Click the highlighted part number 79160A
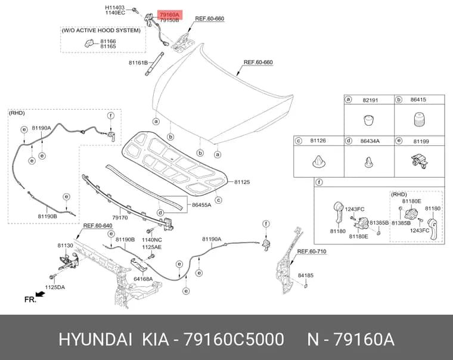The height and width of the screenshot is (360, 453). (x=170, y=14)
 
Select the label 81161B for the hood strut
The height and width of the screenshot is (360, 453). (x=138, y=63)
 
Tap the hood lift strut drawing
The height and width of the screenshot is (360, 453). (x=154, y=64)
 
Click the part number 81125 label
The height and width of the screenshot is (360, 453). (x=242, y=182)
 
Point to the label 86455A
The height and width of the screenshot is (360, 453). (x=201, y=205)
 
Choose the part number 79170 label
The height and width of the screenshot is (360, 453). (x=120, y=218)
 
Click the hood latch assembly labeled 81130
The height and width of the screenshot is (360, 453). (x=69, y=262)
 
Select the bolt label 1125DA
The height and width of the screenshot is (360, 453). (x=55, y=287)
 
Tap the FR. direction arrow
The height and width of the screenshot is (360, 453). (x=41, y=294)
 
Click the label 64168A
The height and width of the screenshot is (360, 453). (x=143, y=279)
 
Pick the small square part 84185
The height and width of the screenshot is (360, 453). (x=306, y=285)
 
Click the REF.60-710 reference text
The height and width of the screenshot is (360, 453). (x=312, y=252)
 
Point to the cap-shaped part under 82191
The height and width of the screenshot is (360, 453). (x=368, y=120)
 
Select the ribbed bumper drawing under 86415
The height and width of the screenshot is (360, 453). (x=419, y=119)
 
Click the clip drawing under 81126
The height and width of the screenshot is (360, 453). (x=319, y=162)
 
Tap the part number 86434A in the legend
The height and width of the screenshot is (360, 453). (x=370, y=141)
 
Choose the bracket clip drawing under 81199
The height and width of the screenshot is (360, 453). (x=419, y=161)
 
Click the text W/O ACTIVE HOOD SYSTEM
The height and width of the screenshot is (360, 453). (x=101, y=30)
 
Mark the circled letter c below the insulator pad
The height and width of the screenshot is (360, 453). (x=219, y=200)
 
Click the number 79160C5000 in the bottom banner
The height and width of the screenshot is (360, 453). (x=234, y=339)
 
